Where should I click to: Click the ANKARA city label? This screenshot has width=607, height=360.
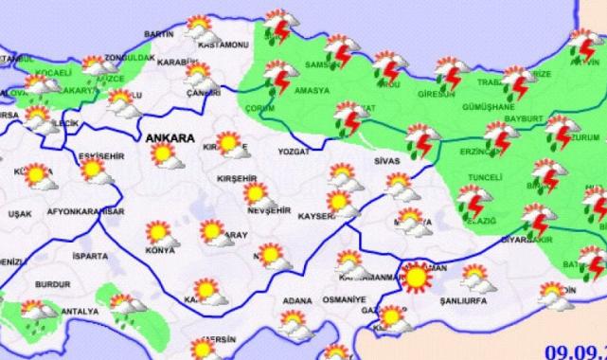(x=170, y=137)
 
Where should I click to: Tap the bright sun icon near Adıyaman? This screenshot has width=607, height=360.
(x=416, y=278)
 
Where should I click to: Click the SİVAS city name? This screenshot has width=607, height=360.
(x=389, y=162)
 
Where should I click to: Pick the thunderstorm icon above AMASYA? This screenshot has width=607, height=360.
(x=278, y=77)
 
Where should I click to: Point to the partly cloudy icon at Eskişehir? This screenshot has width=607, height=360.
(x=93, y=171)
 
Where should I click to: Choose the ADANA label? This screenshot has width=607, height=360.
(x=297, y=300)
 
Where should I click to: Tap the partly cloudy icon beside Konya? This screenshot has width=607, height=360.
(x=157, y=233)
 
